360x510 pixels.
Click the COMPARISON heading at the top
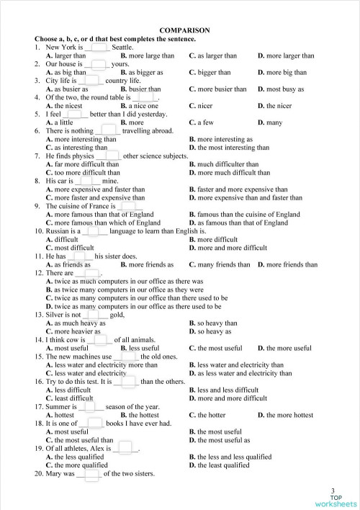click(x=184, y=30)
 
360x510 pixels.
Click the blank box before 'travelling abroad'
click(x=108, y=130)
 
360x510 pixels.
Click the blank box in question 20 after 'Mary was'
click(x=89, y=473)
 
